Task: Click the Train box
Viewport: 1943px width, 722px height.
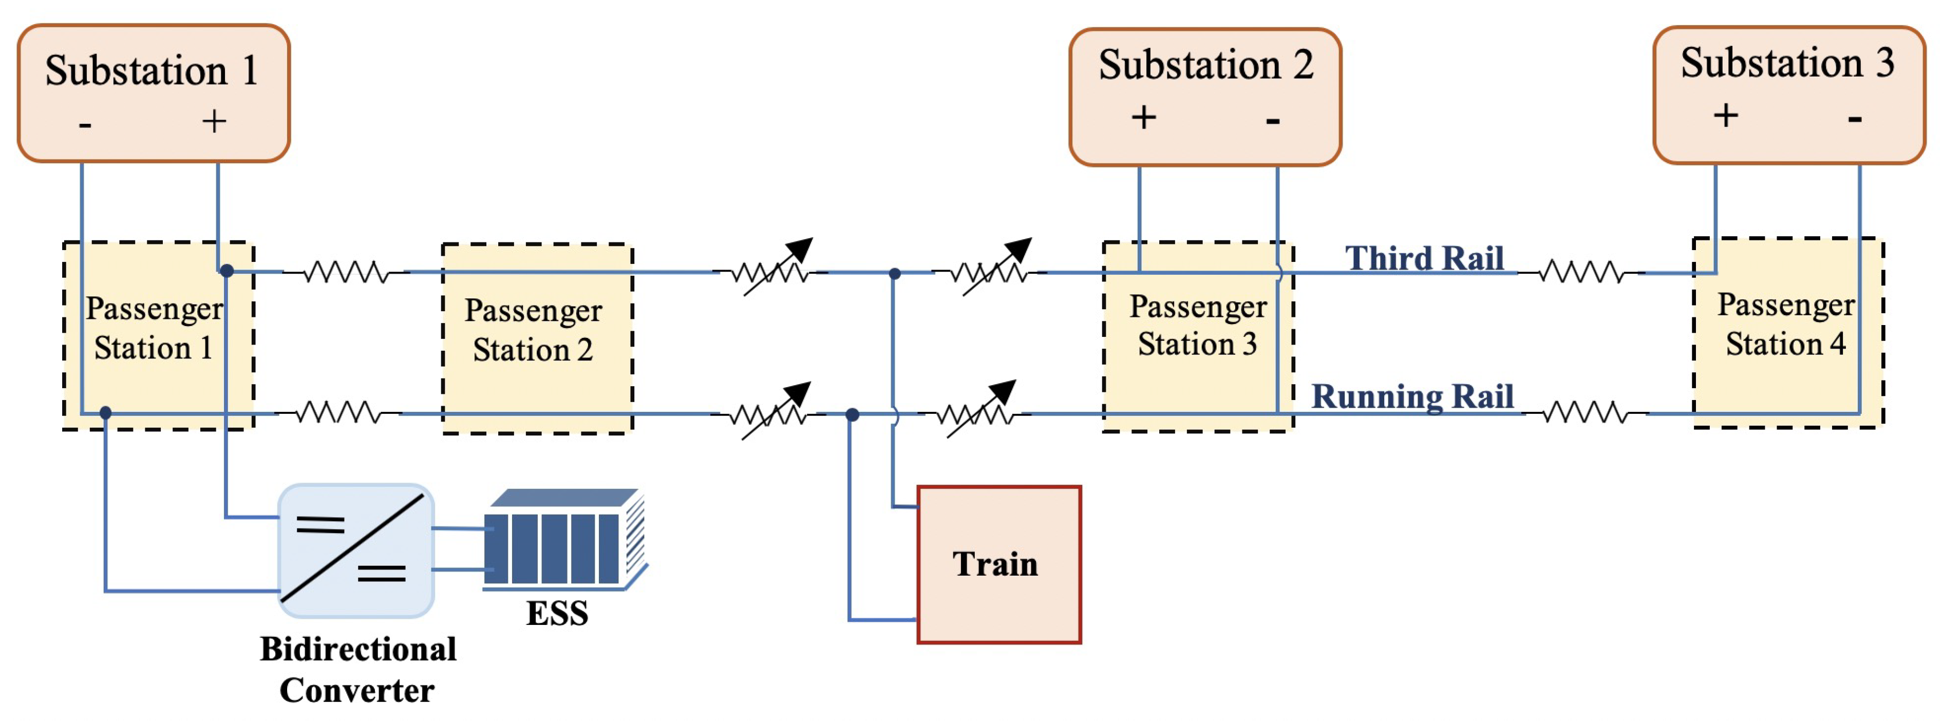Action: [998, 564]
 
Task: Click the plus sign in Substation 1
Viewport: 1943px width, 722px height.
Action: [214, 121]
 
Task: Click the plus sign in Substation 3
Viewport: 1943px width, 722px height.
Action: [1726, 116]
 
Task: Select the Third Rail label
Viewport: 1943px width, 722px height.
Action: [1424, 258]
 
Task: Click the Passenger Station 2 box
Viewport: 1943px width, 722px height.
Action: [536, 338]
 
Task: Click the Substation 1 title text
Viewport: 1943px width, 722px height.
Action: [152, 71]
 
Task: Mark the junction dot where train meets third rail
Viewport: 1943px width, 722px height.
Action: [895, 273]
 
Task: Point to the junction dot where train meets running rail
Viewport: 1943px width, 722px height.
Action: [852, 414]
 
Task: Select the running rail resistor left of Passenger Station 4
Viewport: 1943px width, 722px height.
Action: [1584, 413]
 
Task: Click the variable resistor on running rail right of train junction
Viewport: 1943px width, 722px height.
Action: [978, 412]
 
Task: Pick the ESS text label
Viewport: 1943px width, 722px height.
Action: [557, 613]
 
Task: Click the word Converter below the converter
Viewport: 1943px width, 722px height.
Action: [357, 690]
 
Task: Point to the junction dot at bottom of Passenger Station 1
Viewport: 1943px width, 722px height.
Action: [106, 413]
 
